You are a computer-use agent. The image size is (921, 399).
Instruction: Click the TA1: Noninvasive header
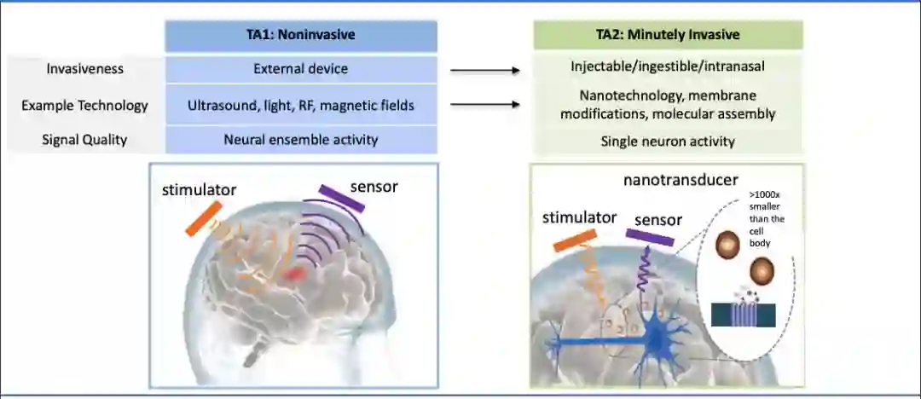301,35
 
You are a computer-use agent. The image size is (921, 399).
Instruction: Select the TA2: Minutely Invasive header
668,35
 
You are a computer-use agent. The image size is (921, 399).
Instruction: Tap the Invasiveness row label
84,69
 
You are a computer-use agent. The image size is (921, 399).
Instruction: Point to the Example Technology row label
84,106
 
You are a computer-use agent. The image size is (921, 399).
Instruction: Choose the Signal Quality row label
84,140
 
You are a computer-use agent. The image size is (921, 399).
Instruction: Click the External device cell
301,69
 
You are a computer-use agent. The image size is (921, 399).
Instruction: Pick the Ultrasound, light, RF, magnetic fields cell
301,106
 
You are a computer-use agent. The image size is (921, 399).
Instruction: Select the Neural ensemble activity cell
301,140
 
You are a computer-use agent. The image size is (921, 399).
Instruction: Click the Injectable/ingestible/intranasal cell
668,66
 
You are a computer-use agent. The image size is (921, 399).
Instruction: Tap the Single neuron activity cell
668,142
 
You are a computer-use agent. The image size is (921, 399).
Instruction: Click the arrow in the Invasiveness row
484,71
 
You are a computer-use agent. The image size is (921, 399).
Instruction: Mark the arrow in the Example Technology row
484,105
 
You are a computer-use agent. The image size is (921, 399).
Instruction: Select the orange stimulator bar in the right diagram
575,240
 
